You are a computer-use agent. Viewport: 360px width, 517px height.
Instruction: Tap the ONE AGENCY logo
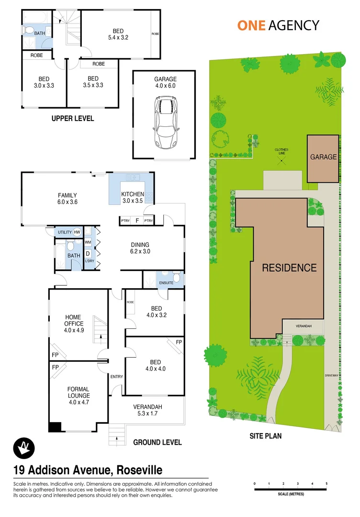coord(278,25)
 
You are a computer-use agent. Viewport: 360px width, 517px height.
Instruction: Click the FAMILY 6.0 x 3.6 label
coord(67,199)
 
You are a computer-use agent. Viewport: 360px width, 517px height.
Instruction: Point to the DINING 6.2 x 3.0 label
coord(140,247)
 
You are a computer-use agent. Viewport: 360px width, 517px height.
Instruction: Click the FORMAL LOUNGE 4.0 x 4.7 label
coord(78,393)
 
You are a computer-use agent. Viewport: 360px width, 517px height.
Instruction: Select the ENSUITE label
coord(166,283)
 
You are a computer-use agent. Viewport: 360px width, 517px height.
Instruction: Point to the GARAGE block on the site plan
coord(323,157)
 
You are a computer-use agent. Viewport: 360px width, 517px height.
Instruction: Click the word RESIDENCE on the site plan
coord(289,268)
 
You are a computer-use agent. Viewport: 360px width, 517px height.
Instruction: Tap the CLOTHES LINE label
coord(281,151)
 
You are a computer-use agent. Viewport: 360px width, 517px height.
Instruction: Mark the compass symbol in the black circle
coord(23,448)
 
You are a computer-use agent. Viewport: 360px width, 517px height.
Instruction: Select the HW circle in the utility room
coord(77,232)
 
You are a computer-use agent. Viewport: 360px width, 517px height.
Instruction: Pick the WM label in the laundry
coord(88,242)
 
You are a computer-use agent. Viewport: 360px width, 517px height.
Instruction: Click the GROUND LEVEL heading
coord(157,442)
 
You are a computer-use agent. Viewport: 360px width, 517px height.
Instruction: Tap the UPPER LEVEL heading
coord(73,118)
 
